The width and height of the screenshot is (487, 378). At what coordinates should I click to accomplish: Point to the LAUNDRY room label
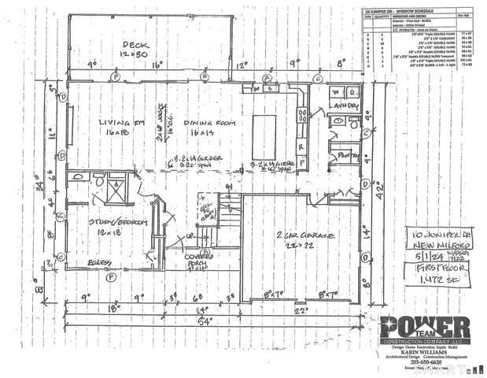pyautogui.click(x=344, y=105)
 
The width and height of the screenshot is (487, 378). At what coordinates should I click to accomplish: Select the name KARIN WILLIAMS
pyautogui.click(x=425, y=354)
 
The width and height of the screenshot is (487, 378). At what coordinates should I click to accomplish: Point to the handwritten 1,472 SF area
pyautogui.click(x=430, y=282)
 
